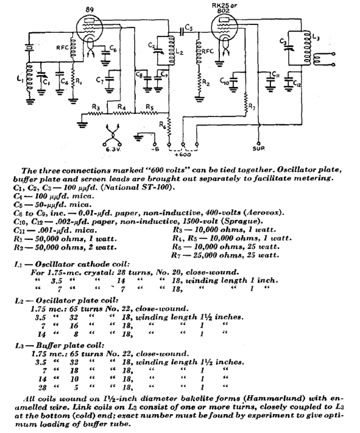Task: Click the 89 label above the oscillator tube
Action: tap(90, 10)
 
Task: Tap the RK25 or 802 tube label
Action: tap(224, 8)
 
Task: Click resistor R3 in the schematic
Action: tap(95, 113)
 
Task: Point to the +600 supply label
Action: tap(183, 155)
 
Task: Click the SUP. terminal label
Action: tap(259, 149)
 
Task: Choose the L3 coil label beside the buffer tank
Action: tap(316, 37)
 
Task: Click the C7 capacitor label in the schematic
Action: tap(100, 80)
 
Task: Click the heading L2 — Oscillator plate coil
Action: tap(66, 300)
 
